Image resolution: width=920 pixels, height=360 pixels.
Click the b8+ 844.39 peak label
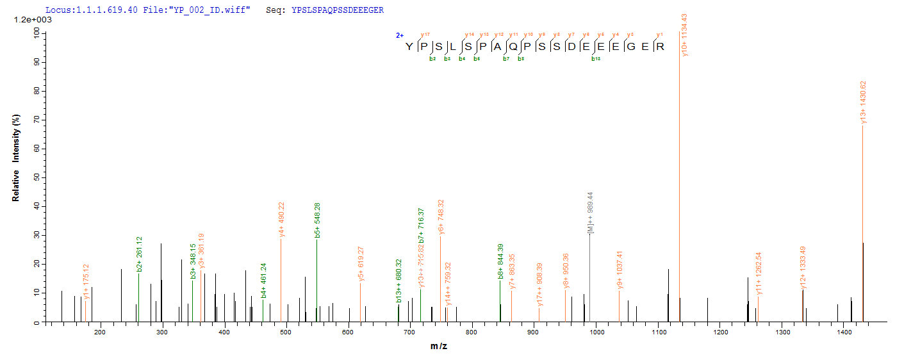(x=501, y=261)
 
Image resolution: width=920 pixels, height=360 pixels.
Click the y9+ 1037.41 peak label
(x=620, y=270)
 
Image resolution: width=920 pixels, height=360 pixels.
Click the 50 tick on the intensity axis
(x=38, y=177)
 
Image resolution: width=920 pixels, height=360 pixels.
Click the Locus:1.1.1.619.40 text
(x=91, y=10)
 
